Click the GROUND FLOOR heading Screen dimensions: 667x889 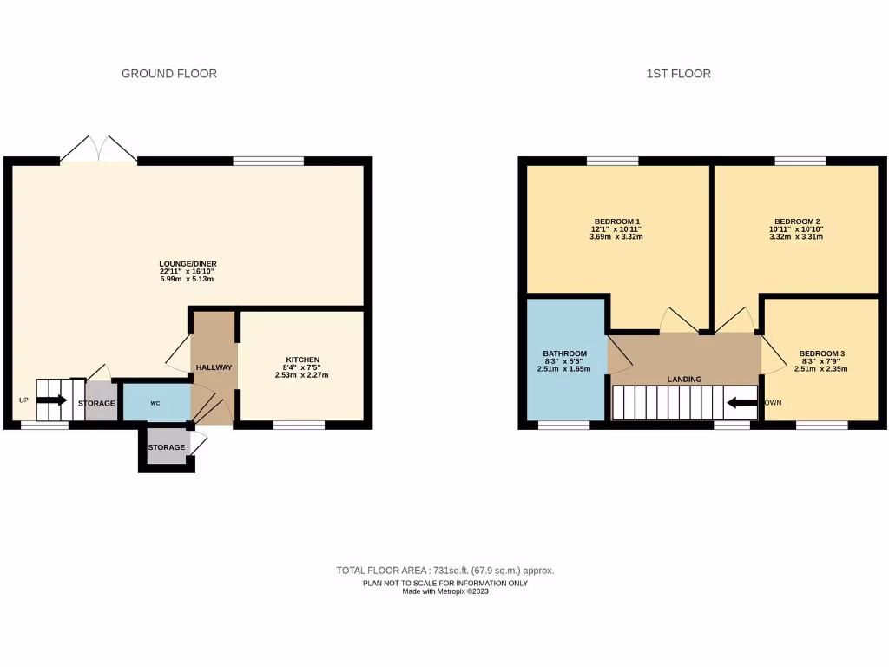point(169,74)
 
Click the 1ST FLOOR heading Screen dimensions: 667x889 point(678,74)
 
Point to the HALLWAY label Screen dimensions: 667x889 point(214,367)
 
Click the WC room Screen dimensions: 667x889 point(155,403)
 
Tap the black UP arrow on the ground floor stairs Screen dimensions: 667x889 point(52,400)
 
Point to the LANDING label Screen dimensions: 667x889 point(684,380)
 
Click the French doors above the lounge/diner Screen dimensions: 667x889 point(98,149)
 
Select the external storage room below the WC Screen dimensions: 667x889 point(167,447)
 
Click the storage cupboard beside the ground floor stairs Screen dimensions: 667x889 point(97,404)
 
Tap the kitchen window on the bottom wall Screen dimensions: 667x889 point(299,425)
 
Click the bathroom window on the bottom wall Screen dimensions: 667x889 point(563,425)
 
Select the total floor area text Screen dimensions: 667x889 point(444,571)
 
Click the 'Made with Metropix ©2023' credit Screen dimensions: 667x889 point(444,591)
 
